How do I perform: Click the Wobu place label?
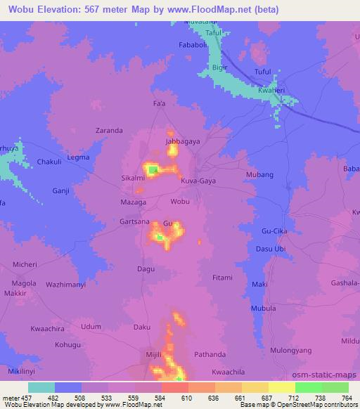(x=180, y=202)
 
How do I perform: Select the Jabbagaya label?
(x=179, y=141)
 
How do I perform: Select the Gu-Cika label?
(x=276, y=231)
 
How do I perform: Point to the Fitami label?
(x=222, y=278)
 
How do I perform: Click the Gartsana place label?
(x=134, y=221)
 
